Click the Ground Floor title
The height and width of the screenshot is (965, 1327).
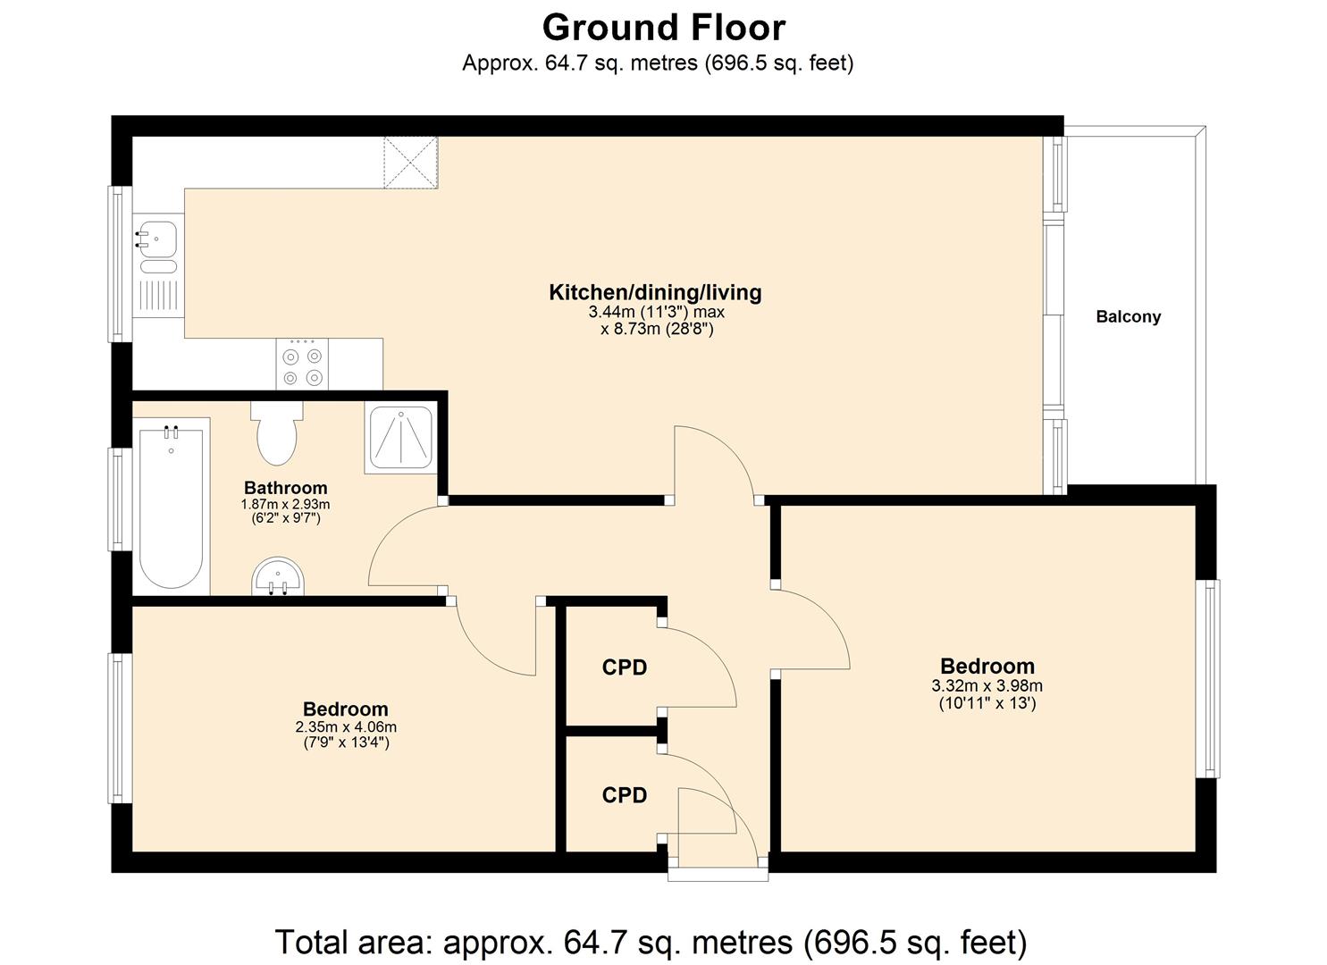[663, 27]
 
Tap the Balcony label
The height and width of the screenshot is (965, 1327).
[1128, 316]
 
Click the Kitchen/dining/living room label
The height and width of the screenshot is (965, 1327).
[654, 292]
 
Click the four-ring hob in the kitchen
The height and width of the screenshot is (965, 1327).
[302, 365]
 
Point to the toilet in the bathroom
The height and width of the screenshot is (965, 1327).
[277, 434]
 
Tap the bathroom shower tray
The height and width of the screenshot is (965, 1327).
[400, 438]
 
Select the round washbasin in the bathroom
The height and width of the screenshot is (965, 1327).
[277, 577]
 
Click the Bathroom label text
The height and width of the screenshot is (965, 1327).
[286, 488]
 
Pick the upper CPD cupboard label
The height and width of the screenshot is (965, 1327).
[624, 667]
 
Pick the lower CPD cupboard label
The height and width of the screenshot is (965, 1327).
[624, 795]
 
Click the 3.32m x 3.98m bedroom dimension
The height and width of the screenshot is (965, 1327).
[987, 686]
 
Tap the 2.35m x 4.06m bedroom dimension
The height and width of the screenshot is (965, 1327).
[346, 727]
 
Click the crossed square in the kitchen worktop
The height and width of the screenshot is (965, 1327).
[411, 162]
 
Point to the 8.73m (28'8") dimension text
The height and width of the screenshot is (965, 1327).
[657, 329]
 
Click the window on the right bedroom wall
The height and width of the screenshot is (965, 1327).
[1207, 678]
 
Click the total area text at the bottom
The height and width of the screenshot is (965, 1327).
[651, 942]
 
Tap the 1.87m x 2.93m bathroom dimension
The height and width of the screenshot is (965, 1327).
[286, 504]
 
